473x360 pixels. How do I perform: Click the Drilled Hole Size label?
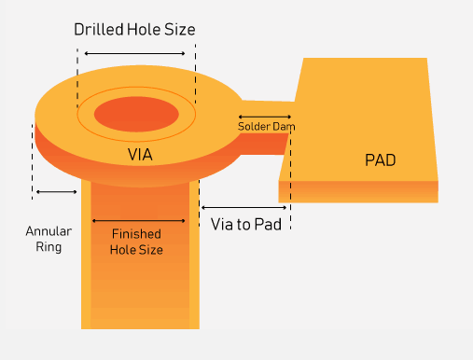point(135,29)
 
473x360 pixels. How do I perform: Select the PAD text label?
point(380,160)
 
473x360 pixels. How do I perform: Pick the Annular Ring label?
point(43,240)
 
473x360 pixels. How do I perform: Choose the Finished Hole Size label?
point(137,242)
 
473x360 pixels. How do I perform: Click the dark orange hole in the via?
point(136,112)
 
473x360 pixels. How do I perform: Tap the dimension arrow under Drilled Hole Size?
point(135,54)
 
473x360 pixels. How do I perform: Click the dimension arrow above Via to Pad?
point(243,206)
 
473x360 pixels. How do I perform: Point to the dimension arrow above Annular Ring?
point(56,192)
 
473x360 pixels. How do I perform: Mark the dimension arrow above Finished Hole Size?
point(138,220)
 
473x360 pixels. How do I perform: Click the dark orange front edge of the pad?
point(358,191)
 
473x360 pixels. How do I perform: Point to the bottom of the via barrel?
point(140,322)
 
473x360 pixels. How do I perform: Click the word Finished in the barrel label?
point(137,234)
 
